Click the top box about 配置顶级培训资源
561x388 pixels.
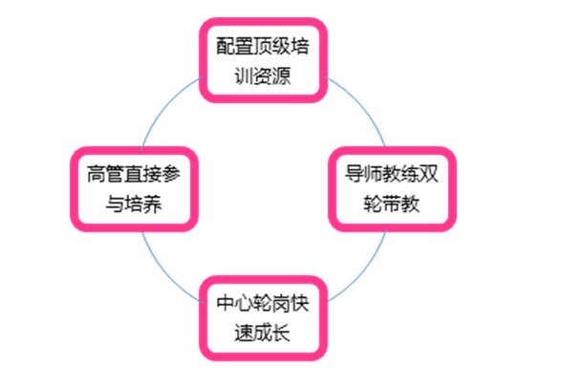point(264,60)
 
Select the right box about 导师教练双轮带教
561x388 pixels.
point(392,189)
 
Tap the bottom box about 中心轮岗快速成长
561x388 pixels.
point(264,318)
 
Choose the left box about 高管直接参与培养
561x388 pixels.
point(134,189)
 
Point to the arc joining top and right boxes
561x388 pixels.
point(361,103)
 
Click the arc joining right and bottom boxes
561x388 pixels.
point(362,273)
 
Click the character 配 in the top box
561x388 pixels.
point(226,46)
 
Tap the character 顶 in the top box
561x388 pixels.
point(263,46)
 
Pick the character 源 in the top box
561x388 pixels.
point(282,75)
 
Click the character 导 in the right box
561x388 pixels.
point(355,175)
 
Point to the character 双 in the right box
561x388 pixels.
point(429,175)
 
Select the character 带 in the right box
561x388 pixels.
point(392,204)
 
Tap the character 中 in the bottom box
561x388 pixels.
point(226,304)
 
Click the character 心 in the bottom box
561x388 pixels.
point(245,304)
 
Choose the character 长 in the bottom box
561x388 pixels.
point(282,333)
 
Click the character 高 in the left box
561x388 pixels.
point(97,175)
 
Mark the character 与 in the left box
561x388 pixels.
point(116,204)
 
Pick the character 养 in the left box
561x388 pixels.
point(152,204)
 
